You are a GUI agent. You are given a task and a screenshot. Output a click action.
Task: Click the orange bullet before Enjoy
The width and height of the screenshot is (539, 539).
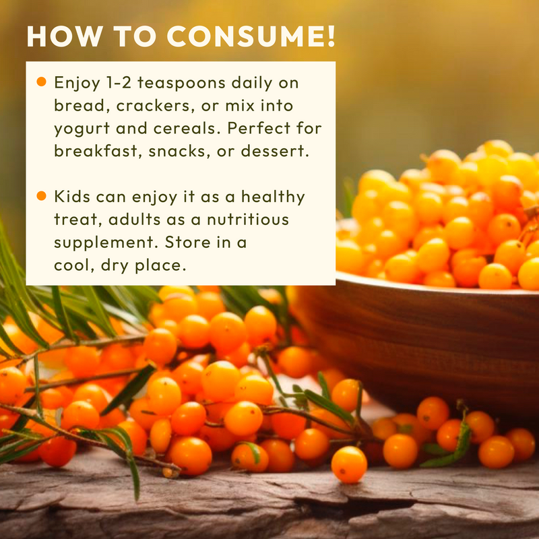(41, 82)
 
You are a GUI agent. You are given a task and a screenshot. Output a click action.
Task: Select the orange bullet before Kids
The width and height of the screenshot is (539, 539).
(41, 196)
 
